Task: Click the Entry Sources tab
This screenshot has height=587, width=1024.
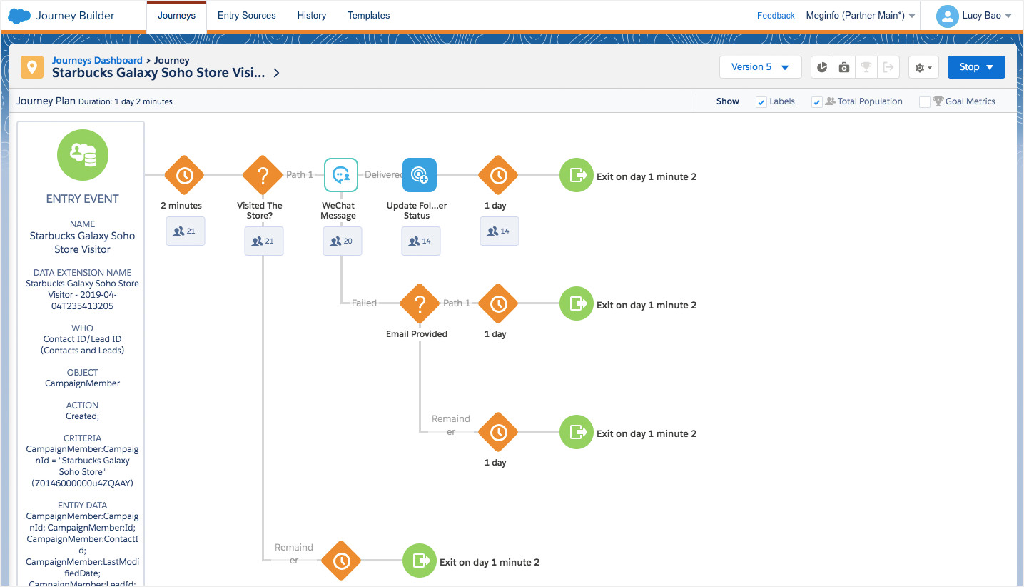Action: pos(246,16)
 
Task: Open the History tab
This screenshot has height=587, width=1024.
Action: pos(311,16)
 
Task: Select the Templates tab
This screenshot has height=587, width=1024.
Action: pos(368,16)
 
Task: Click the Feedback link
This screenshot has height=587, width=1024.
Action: pos(775,16)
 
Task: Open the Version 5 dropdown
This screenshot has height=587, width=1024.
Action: pos(760,67)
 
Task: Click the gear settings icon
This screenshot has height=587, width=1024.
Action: pos(923,68)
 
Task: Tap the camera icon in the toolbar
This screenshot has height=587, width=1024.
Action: pos(844,68)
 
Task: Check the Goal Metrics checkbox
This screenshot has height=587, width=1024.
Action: pos(924,102)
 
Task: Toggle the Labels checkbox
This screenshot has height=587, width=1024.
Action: pos(761,102)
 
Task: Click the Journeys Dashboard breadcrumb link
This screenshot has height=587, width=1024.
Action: pos(97,61)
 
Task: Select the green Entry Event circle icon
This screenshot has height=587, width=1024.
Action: pos(83,155)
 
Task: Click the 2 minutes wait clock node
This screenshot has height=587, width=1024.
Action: pos(184,175)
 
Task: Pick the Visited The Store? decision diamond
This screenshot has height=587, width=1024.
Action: pos(263,175)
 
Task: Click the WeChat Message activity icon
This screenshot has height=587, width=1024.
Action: pos(341,175)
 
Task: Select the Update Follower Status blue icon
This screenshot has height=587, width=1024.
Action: pos(420,175)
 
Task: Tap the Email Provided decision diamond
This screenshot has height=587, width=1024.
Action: pos(420,303)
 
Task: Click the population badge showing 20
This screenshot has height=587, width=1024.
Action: pos(342,241)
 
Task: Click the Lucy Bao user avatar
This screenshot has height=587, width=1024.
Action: pos(947,16)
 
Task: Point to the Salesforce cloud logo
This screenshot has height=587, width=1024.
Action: pos(19,16)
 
